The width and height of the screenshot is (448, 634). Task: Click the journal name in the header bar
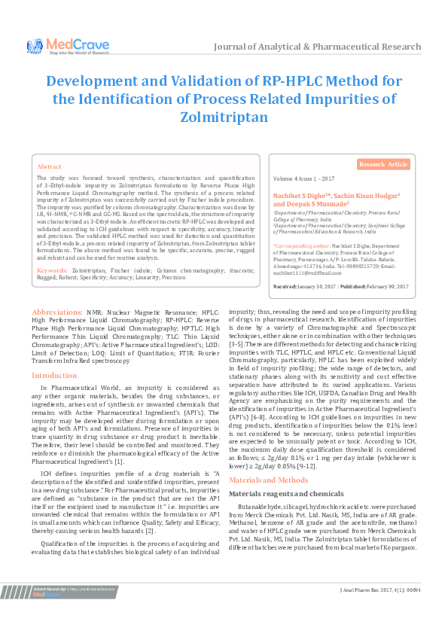[x=317, y=47]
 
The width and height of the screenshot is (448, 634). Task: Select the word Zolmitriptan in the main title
[x=224, y=117]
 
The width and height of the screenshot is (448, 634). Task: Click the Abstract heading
[x=50, y=166]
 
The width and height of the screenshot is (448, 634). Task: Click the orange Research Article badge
[x=382, y=164]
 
